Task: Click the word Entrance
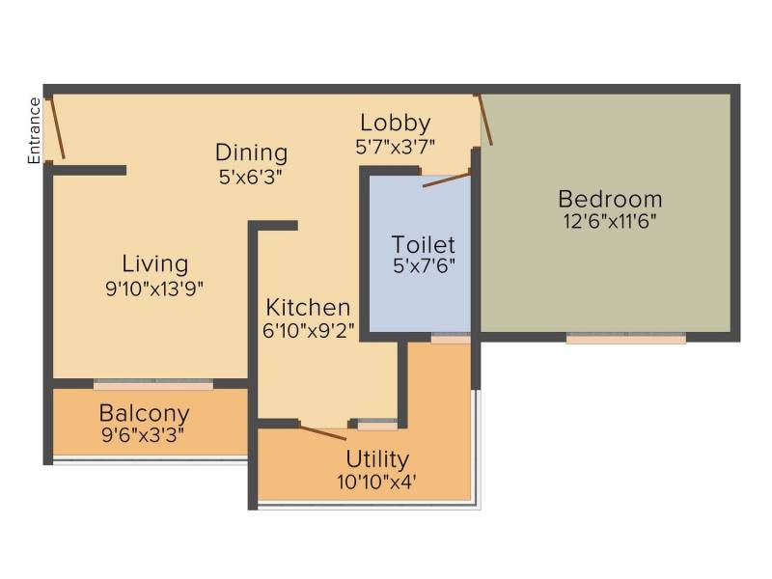(x=34, y=130)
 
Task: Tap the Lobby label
(x=396, y=124)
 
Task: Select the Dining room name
(x=251, y=152)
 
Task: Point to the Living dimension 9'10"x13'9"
(x=154, y=289)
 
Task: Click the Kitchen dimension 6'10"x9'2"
(x=309, y=331)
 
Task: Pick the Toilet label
(x=424, y=245)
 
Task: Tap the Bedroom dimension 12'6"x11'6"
(x=610, y=222)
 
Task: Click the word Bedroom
(x=610, y=200)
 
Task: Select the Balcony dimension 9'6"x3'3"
(x=143, y=435)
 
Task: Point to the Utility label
(x=377, y=460)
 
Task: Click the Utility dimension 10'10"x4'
(x=377, y=482)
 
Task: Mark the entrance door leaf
(x=57, y=128)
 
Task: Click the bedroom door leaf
(x=485, y=120)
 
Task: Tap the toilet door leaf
(x=446, y=179)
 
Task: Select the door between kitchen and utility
(x=323, y=432)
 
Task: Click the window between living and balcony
(x=153, y=384)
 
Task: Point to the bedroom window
(x=625, y=339)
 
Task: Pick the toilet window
(x=451, y=338)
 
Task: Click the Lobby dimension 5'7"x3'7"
(x=396, y=147)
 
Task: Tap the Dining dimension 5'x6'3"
(x=251, y=177)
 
